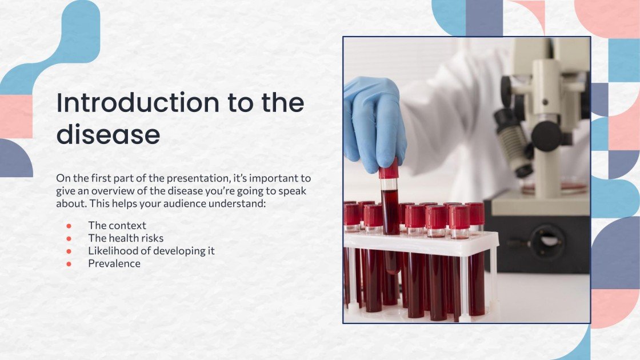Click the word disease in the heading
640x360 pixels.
(x=108, y=135)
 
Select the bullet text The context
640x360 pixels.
(x=117, y=225)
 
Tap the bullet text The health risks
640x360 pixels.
(x=126, y=238)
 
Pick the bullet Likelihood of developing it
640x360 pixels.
(x=151, y=251)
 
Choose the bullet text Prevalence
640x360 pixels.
(x=114, y=263)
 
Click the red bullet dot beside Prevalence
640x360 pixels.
(x=69, y=264)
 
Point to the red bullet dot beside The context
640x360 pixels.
(x=69, y=226)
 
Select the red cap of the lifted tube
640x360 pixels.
(x=389, y=169)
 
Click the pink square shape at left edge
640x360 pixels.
(x=16, y=117)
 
